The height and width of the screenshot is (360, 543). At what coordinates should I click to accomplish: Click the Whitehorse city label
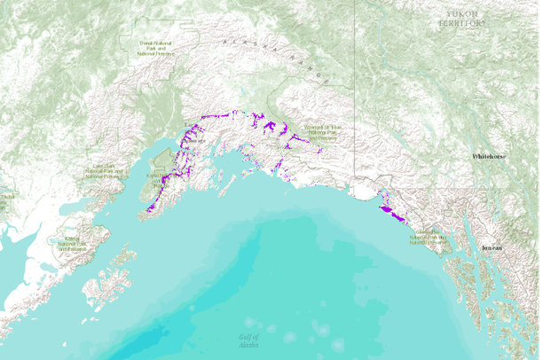(x=488, y=156)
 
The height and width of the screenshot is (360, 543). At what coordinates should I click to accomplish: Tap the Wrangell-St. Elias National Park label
(x=321, y=133)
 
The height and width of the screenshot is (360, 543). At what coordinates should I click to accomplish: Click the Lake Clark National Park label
(x=106, y=171)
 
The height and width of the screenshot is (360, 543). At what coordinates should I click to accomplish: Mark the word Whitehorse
(x=488, y=156)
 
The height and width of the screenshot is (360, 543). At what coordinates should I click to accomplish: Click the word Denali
(x=147, y=42)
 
